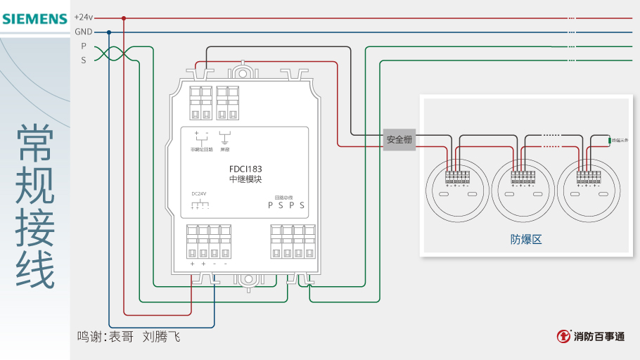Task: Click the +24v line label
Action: tap(84, 18)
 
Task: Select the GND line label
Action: tap(84, 32)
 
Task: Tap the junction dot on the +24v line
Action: tap(124, 18)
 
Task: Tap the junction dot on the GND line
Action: tap(109, 32)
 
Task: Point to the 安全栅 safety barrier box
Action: tap(399, 140)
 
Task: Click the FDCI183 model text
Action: tap(245, 169)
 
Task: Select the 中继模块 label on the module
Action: tap(245, 180)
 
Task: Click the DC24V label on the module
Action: tap(199, 193)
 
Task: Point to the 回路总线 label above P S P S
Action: tap(283, 198)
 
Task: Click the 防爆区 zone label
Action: tap(526, 239)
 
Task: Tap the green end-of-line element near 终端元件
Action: tap(609, 141)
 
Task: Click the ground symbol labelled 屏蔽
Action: tap(225, 136)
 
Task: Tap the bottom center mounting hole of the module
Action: tap(248, 278)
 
